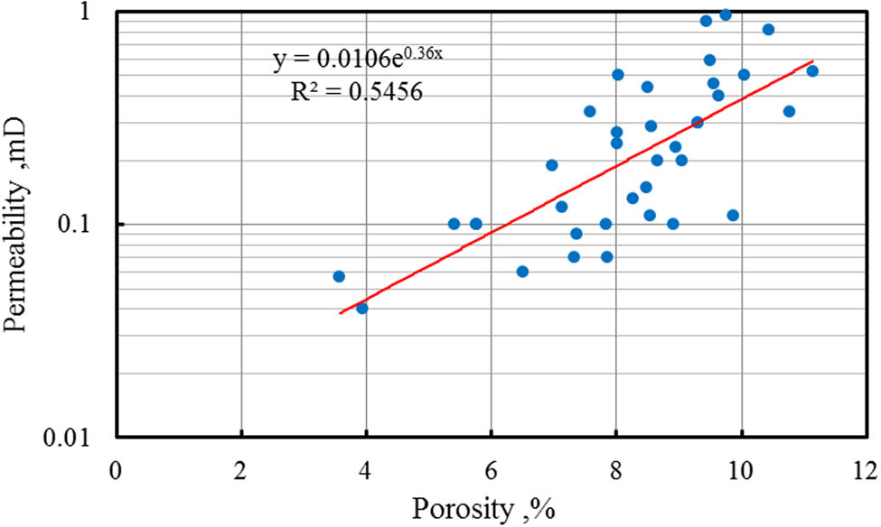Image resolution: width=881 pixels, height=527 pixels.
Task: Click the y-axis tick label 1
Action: tap(94, 15)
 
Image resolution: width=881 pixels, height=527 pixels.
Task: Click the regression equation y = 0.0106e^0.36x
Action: tap(359, 60)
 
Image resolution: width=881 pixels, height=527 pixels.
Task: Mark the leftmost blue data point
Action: tap(339, 276)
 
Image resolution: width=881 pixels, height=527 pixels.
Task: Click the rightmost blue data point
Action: tap(812, 70)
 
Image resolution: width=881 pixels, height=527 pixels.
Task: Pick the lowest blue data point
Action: tap(362, 308)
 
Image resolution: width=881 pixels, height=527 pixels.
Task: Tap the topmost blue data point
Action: tap(726, 14)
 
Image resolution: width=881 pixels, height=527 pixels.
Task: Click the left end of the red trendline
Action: tap(340, 313)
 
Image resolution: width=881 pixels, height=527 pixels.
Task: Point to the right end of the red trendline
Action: tap(813, 61)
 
